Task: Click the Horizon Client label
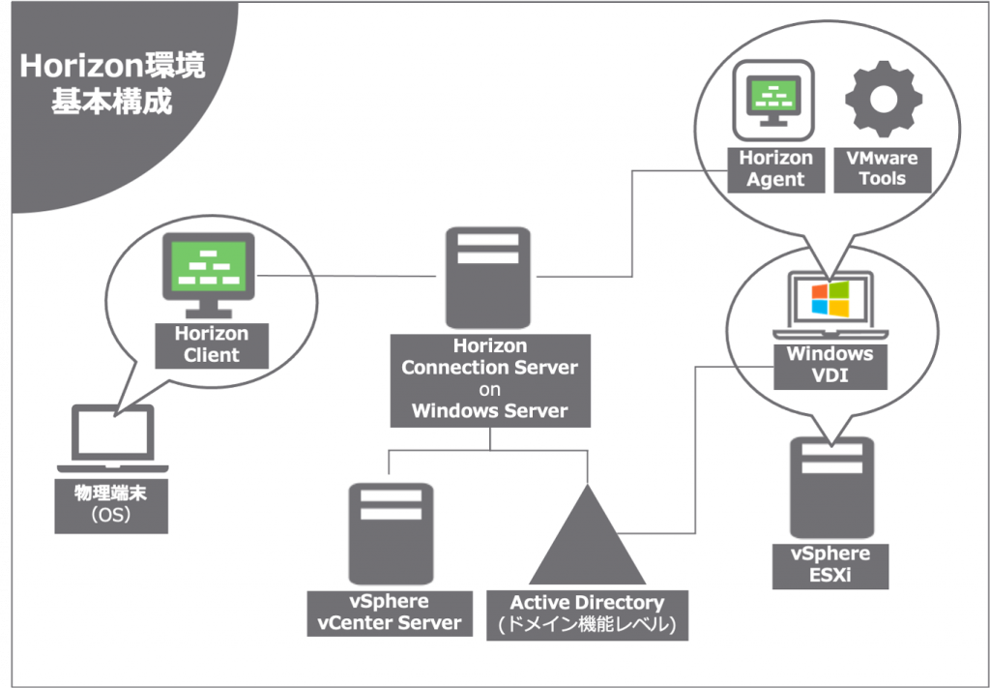(x=211, y=344)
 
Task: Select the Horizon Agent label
(x=775, y=168)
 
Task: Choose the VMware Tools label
(x=882, y=168)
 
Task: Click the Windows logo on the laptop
(x=830, y=299)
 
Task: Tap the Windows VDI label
(x=830, y=364)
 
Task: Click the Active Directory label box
(x=587, y=614)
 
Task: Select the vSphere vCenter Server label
(x=390, y=613)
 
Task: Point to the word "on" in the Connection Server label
(x=489, y=389)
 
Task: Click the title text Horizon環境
(x=111, y=67)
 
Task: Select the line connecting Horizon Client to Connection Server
(x=348, y=277)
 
